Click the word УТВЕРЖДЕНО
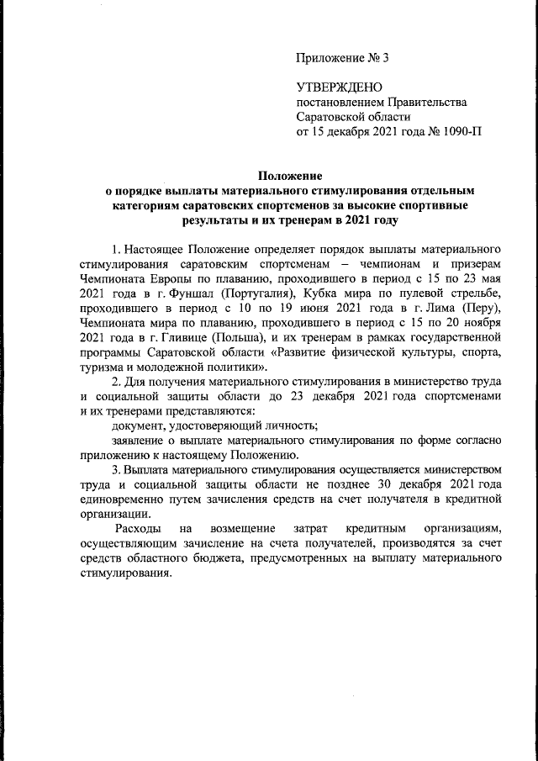click(340, 87)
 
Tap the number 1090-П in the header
click(459, 132)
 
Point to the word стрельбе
click(477, 294)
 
